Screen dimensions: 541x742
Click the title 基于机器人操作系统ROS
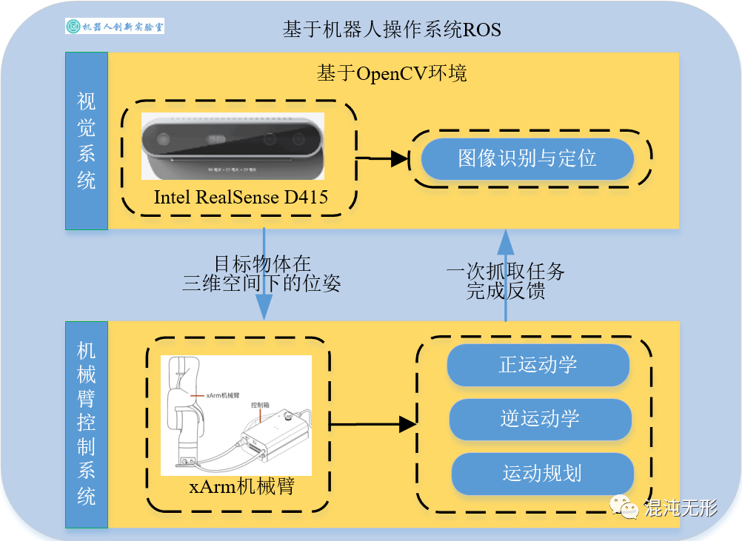point(392,30)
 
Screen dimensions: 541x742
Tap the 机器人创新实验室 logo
point(115,27)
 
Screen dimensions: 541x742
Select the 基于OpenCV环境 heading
point(392,74)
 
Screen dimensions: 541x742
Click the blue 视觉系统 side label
point(87,141)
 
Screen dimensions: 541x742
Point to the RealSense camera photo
point(233,146)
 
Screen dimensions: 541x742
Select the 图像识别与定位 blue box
point(527,158)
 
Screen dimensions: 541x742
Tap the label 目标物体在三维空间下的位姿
point(262,273)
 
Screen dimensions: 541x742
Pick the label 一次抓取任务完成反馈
point(506,280)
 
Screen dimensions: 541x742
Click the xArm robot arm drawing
point(236,415)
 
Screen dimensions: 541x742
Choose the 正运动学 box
point(538,365)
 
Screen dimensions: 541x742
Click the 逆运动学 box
point(540,419)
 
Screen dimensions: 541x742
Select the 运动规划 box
point(542,474)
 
